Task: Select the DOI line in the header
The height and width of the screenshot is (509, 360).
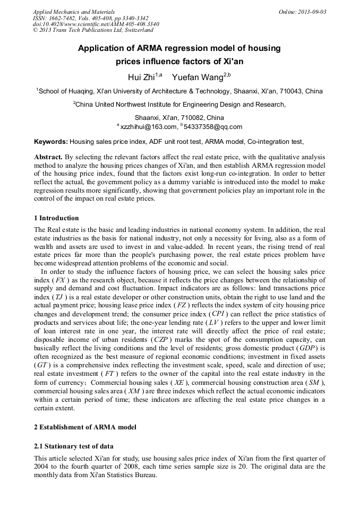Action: (x=96, y=24)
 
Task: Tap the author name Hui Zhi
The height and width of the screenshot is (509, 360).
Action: (x=141, y=78)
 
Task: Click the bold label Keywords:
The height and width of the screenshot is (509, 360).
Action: (x=50, y=142)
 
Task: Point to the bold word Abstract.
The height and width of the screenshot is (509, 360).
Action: (x=48, y=158)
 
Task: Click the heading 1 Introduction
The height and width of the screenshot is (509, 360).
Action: (x=56, y=218)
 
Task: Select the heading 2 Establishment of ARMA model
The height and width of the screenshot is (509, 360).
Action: (x=85, y=427)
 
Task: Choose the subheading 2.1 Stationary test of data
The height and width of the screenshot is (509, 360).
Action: (x=73, y=446)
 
